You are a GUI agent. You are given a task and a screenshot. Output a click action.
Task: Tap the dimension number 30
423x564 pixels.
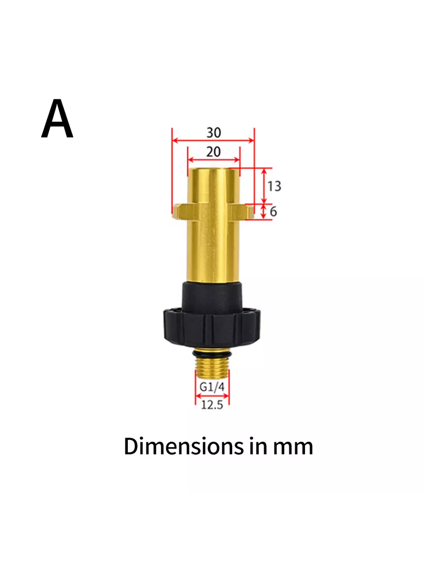pyautogui.click(x=214, y=133)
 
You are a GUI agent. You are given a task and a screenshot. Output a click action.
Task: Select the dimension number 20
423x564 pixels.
pyautogui.click(x=213, y=152)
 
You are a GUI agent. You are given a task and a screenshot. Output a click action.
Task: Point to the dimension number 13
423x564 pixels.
pyautogui.click(x=274, y=186)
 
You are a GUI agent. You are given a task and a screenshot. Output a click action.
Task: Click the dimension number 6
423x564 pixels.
pyautogui.click(x=273, y=211)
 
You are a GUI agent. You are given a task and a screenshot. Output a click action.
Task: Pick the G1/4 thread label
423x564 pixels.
pyautogui.click(x=212, y=387)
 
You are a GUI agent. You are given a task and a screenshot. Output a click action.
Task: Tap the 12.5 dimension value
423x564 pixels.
pyautogui.click(x=212, y=405)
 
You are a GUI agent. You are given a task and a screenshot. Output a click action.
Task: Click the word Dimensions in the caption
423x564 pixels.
pyautogui.click(x=184, y=446)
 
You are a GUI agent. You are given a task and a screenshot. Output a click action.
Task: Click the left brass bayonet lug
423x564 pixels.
pyautogui.click(x=180, y=211)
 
